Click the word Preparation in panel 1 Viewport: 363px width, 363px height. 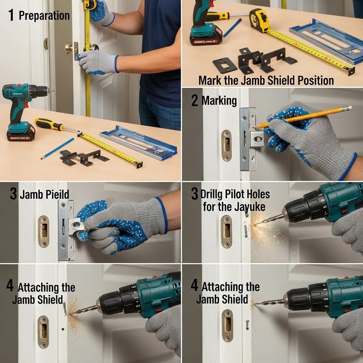(x=44, y=16)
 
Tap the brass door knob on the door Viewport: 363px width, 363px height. (x=68, y=48)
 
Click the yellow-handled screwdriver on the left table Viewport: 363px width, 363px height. (x=50, y=124)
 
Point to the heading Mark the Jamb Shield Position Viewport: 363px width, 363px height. (x=266, y=80)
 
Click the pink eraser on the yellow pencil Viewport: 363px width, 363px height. (x=350, y=107)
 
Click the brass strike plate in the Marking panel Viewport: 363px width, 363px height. (x=227, y=145)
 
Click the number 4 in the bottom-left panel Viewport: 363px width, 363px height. (x=10, y=286)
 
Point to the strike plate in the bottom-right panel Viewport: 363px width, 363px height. (x=227, y=325)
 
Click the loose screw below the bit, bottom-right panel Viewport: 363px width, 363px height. (x=247, y=324)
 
